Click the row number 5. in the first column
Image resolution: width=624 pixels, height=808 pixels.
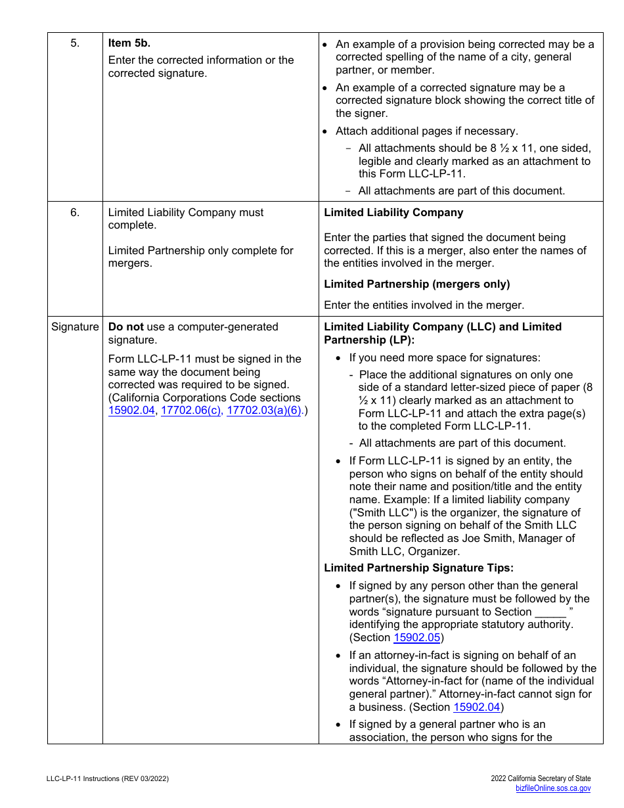pyautogui.click(x=75, y=43)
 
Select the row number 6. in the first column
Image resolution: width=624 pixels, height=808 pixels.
pyautogui.click(x=75, y=213)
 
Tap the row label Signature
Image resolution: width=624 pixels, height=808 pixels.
pyautogui.click(x=75, y=327)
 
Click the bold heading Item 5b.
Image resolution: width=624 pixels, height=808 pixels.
pyautogui.click(x=129, y=43)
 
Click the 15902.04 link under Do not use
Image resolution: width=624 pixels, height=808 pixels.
pyautogui.click(x=131, y=411)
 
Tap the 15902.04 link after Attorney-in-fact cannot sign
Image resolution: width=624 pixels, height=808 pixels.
pyautogui.click(x=476, y=707)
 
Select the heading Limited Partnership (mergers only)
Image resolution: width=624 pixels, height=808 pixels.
pyautogui.click(x=417, y=284)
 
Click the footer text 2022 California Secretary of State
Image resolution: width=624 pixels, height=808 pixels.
pyautogui.click(x=541, y=778)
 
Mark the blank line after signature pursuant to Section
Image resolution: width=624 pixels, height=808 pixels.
pyautogui.click(x=550, y=612)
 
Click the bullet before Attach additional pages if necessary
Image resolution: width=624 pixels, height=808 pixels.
pyautogui.click(x=327, y=131)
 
